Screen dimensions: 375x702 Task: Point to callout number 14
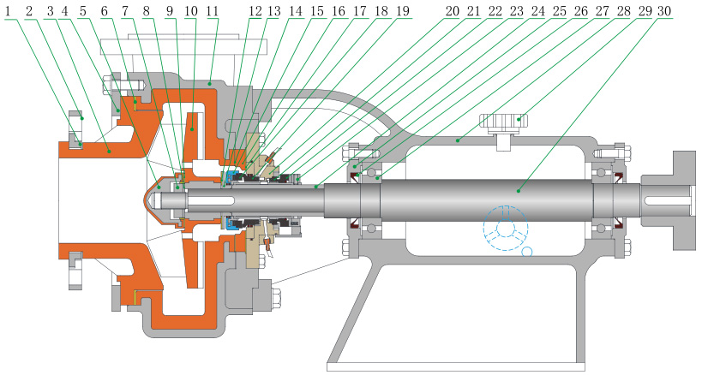pos(295,11)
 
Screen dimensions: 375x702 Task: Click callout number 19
pos(402,11)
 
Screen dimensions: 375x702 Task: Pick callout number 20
pos(451,11)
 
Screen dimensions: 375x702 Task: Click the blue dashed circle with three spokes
pos(505,226)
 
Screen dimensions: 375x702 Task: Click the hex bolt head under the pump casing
pos(280,299)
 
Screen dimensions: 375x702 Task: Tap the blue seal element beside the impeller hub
pos(232,225)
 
